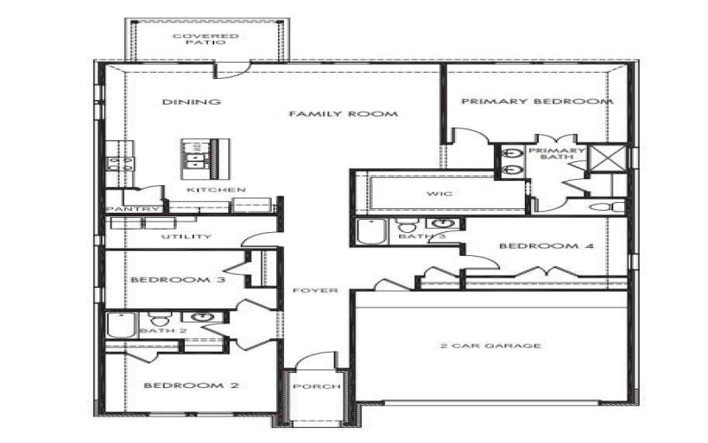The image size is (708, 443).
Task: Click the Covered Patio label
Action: click(x=193, y=39)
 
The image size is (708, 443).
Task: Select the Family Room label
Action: click(x=342, y=114)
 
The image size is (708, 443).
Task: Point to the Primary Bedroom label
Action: click(x=536, y=102)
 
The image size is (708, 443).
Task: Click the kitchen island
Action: click(x=199, y=154)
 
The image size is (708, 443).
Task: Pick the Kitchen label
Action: click(x=217, y=190)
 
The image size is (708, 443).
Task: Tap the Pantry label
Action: click(x=132, y=209)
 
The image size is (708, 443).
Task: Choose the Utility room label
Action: click(x=186, y=237)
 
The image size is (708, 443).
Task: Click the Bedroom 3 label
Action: click(x=178, y=280)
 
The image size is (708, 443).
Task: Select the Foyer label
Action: click(x=314, y=290)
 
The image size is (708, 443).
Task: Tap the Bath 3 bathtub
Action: click(x=368, y=231)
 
